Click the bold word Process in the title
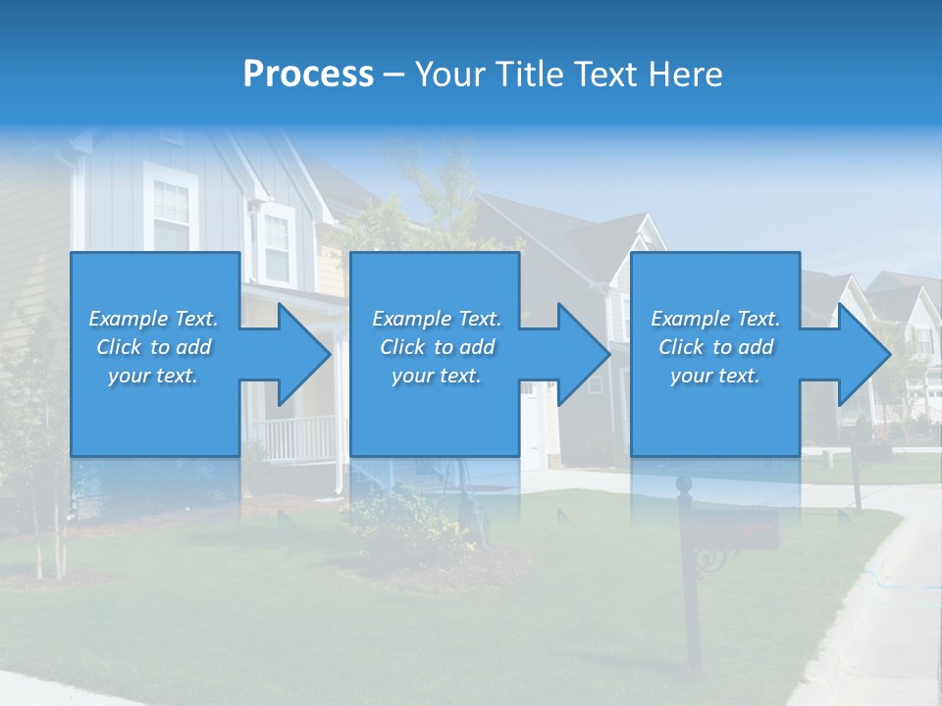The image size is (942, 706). coord(308,75)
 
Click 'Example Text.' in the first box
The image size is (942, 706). coord(153,319)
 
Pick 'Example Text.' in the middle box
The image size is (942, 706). coord(437,319)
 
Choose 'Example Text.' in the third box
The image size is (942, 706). coord(715,319)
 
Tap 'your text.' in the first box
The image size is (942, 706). coord(153,376)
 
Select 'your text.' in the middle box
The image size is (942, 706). coord(437,376)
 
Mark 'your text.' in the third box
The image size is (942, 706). coord(715,376)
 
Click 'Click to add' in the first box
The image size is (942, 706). coord(153,347)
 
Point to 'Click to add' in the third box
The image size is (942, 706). coord(715,347)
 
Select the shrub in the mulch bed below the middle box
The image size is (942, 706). coord(407,515)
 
